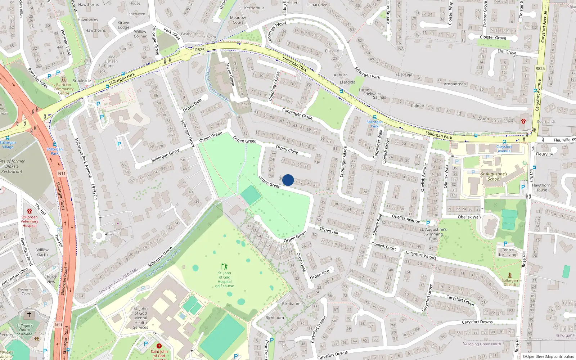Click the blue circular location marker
(288, 180)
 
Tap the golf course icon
(225, 267)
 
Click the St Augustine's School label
(494, 176)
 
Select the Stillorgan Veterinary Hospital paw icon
(30, 211)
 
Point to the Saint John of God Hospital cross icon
(159, 346)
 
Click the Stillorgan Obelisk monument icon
(510, 275)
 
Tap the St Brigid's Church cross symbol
(29, 315)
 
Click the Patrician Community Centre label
(64, 89)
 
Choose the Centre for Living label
(507, 252)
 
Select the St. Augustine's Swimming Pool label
(433, 234)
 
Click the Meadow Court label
(238, 20)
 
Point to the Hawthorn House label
(541, 188)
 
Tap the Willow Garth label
(42, 252)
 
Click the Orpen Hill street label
(329, 230)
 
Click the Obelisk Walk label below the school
(469, 217)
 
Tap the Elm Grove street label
(507, 52)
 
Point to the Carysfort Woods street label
(421, 255)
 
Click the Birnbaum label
(291, 303)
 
